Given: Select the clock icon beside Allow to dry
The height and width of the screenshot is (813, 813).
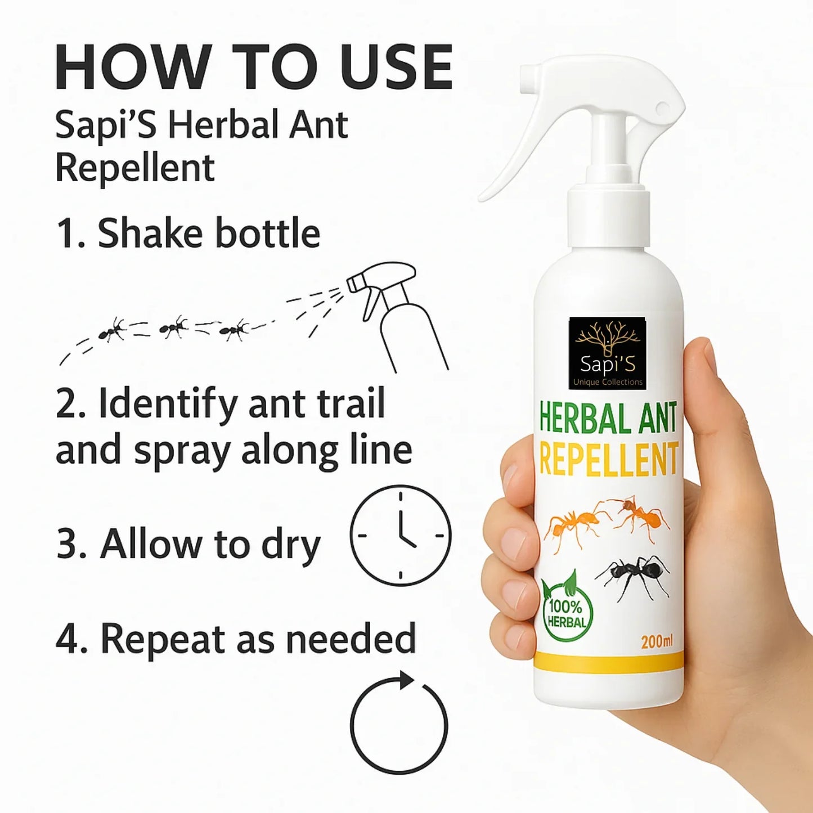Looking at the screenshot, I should pyautogui.click(x=400, y=535).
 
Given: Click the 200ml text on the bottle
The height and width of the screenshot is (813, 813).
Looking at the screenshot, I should pyautogui.click(x=657, y=641).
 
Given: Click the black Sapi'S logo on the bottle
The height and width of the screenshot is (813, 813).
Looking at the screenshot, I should pyautogui.click(x=607, y=353).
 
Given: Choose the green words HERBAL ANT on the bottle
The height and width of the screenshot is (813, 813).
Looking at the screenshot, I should pyautogui.click(x=608, y=419).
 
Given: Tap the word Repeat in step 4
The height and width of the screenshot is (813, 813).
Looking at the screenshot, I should pyautogui.click(x=164, y=640).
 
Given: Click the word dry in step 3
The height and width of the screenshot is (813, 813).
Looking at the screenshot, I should pyautogui.click(x=290, y=546).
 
